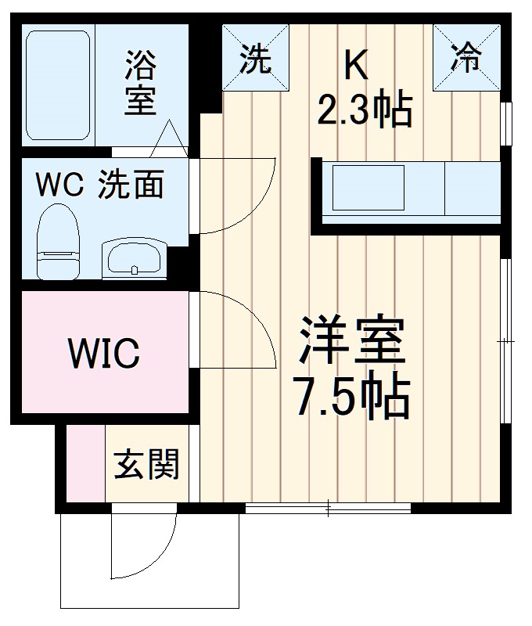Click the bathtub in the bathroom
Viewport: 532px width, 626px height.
59,85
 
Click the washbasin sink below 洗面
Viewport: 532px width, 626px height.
134,257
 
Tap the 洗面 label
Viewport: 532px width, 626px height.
131,185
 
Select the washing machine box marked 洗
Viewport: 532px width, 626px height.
254,58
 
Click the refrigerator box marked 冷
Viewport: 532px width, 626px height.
467,58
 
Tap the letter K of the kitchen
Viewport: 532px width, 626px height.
356,66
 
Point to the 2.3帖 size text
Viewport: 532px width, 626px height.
365,112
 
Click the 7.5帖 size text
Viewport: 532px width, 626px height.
352,397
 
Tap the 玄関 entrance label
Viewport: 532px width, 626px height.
147,464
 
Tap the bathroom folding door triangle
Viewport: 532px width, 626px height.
171,139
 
